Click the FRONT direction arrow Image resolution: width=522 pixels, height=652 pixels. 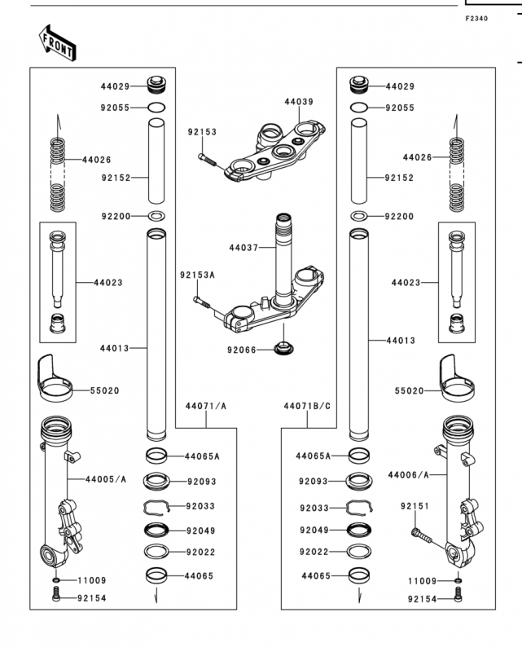[58, 43]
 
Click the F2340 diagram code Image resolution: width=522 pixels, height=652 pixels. [476, 18]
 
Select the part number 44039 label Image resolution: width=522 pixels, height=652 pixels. [299, 101]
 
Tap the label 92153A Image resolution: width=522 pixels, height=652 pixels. [197, 275]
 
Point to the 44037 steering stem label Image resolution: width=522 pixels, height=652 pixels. [243, 248]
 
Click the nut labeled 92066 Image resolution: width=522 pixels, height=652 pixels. [283, 347]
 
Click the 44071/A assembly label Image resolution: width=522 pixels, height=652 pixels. [206, 406]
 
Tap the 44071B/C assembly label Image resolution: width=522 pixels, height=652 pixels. [307, 406]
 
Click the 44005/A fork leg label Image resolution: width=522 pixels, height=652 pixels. [106, 479]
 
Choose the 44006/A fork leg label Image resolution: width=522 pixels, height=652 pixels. [408, 474]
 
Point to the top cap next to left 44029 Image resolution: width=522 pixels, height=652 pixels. [156, 85]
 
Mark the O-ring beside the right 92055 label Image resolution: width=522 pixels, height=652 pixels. [358, 108]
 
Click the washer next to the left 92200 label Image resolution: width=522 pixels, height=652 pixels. [156, 216]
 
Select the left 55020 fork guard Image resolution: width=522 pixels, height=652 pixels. [55, 378]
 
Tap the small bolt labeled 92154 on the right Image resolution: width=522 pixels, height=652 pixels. [458, 595]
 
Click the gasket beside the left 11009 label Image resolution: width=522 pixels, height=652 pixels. [56, 580]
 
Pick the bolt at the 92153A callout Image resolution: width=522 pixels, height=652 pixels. [202, 302]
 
